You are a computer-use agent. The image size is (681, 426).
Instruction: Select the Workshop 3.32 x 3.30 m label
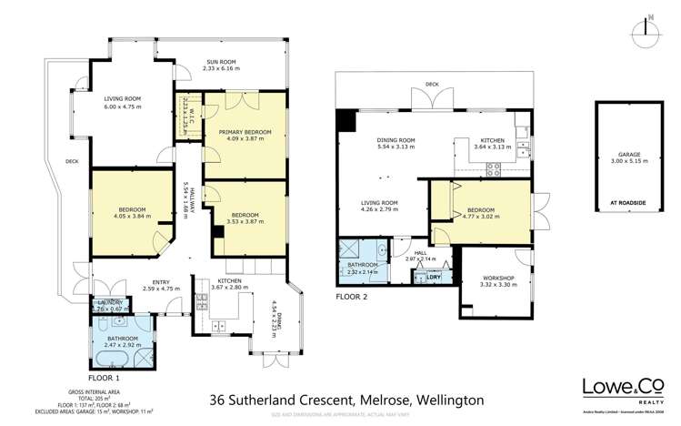click(x=498, y=281)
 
